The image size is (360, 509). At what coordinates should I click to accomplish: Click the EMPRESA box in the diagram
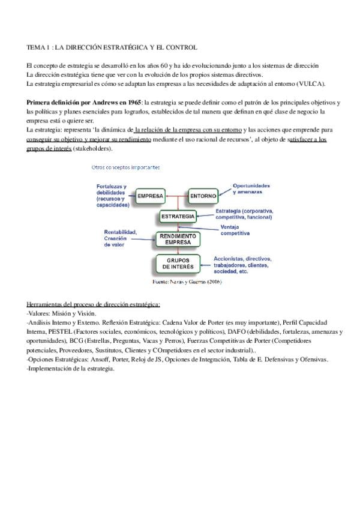point(151,196)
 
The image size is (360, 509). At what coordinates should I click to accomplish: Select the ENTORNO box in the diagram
point(203,196)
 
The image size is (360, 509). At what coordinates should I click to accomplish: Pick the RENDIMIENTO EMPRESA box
point(178,239)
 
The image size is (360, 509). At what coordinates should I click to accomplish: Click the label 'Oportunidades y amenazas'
point(251,188)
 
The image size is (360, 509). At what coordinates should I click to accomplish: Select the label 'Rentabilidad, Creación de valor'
point(120,238)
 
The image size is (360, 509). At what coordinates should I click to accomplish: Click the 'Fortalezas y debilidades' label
point(113,196)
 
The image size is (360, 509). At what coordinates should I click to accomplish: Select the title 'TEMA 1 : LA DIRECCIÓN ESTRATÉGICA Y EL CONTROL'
point(112,47)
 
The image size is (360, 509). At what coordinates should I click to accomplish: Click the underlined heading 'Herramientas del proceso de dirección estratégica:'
point(93,304)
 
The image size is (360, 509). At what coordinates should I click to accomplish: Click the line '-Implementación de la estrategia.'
point(71,369)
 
